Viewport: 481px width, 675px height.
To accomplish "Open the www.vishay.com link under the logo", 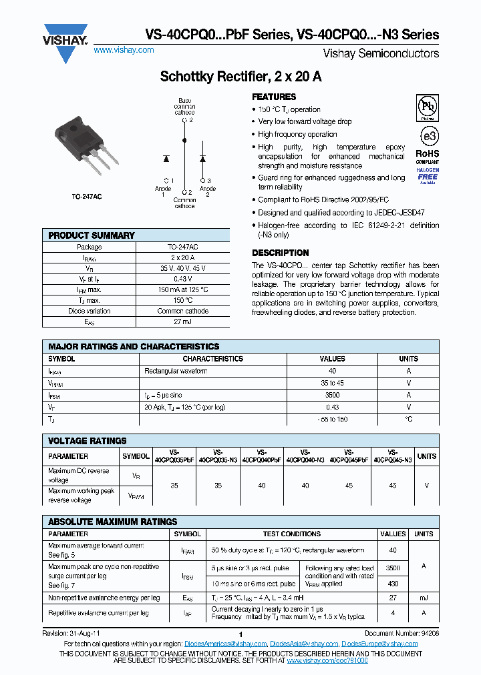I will pos(124,50).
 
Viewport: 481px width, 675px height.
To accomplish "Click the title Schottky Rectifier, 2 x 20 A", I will pos(240,77).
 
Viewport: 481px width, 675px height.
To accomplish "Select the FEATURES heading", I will pos(273,97).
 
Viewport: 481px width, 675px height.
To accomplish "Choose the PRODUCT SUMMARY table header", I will pos(92,235).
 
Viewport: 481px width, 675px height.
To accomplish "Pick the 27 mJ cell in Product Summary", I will pos(182,321).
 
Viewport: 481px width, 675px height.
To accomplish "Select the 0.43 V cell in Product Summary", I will pos(182,279).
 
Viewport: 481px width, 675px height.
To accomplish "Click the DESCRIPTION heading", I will pos(280,253).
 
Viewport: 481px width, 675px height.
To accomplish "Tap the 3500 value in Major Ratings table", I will pos(332,395).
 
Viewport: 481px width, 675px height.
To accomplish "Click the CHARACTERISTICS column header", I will pos(212,359).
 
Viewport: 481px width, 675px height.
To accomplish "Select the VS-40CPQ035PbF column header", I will pos(174,456).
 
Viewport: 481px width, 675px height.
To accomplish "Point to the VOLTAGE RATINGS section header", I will pos(88,441).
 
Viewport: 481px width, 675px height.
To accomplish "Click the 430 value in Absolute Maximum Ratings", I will pos(393,583).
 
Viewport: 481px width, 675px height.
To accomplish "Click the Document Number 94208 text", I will pos(402,632).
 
